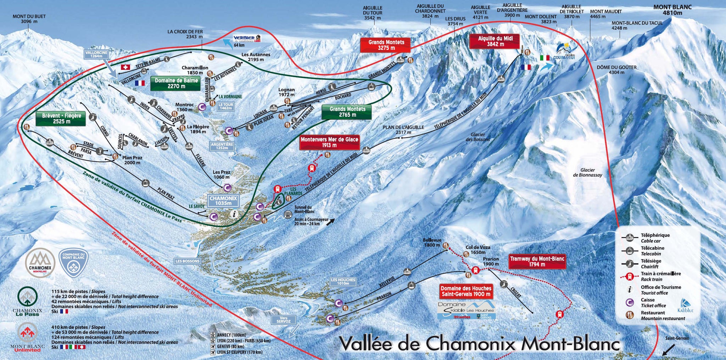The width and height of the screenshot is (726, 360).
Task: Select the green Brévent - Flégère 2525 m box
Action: click(x=61, y=118)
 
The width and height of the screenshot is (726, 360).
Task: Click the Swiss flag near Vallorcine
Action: click(x=125, y=67)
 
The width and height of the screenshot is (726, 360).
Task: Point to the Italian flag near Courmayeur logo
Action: click(x=544, y=58)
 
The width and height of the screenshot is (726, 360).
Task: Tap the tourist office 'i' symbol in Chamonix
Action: click(x=234, y=214)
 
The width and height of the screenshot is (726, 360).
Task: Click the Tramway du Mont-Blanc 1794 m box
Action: click(x=537, y=261)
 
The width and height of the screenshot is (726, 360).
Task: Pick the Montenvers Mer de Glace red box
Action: click(x=329, y=142)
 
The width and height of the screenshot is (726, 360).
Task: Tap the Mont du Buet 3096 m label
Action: click(x=29, y=19)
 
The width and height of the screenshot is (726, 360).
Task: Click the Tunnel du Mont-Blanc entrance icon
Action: click(x=288, y=214)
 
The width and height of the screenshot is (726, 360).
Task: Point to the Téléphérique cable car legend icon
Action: click(x=630, y=238)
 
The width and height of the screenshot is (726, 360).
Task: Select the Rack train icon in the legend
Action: click(x=630, y=276)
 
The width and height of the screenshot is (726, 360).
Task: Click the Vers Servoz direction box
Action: click(x=284, y=320)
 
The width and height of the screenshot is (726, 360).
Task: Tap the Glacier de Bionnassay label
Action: click(x=587, y=172)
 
